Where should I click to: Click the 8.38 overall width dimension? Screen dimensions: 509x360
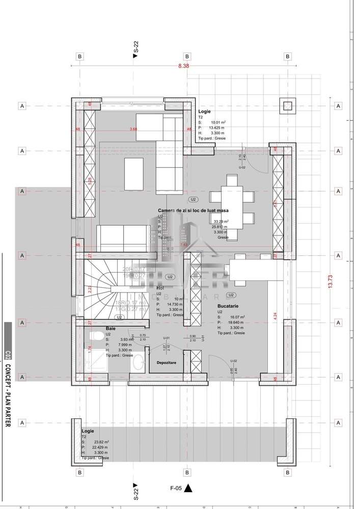tap(183, 66)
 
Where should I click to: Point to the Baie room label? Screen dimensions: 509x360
tap(110, 329)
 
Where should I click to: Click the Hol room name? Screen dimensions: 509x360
tap(159, 288)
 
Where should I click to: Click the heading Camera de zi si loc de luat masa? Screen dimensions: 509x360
tap(193, 210)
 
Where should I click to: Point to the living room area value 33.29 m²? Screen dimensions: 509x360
tap(221, 222)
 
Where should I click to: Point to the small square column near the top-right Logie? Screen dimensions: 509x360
tap(288, 106)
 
